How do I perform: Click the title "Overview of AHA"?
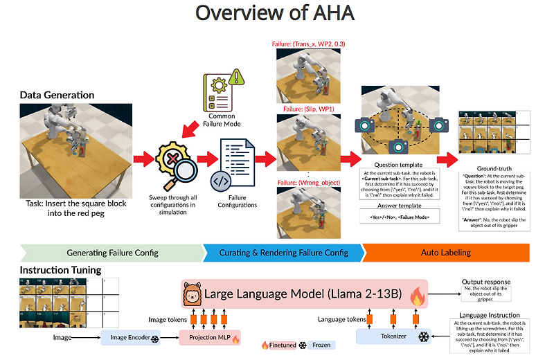click(276, 13)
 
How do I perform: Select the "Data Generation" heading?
click(57, 95)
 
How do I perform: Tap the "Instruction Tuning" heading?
click(61, 269)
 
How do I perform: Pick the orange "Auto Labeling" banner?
click(445, 253)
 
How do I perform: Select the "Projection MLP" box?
click(209, 339)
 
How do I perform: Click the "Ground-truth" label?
click(494, 168)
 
